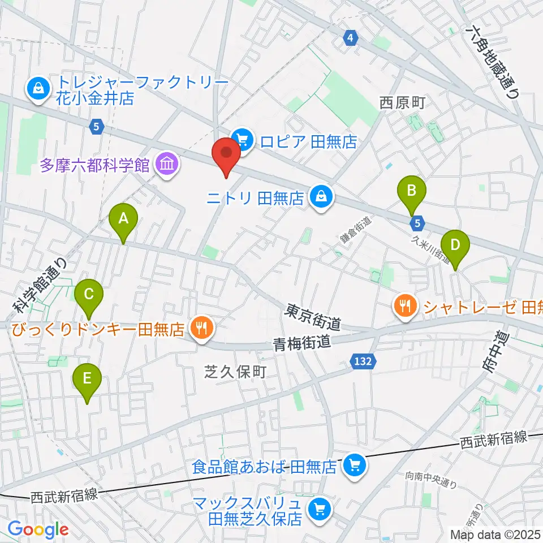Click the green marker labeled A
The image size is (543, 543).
(x=123, y=222)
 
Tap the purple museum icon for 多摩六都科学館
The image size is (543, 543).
(x=167, y=165)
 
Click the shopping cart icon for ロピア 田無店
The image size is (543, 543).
(x=243, y=137)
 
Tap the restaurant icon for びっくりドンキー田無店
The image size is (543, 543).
(x=201, y=326)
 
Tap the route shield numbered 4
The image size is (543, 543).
(x=351, y=38)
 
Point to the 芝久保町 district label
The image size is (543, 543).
(x=234, y=372)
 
